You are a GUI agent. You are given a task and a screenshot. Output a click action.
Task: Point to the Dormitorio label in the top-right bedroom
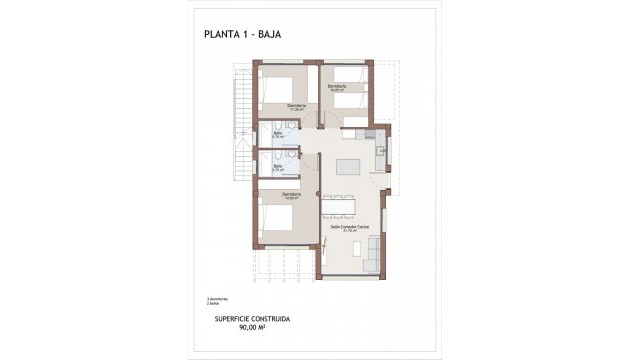coord(336,87)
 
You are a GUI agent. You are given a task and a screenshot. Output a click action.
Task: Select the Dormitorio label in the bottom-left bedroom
coord(290,193)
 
